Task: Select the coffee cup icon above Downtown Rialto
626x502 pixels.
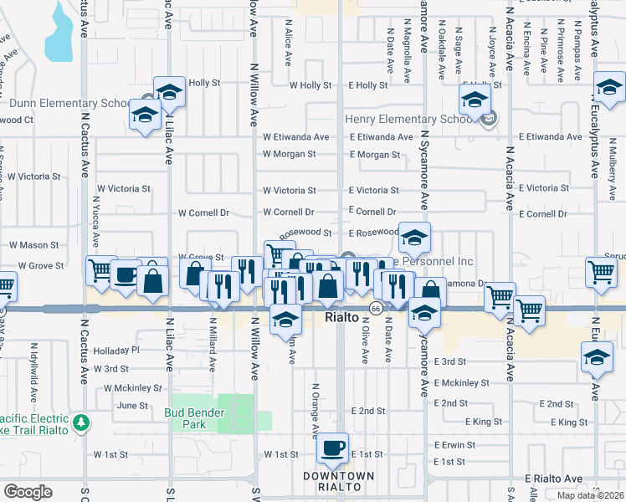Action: (x=333, y=449)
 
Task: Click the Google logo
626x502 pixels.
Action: (x=28, y=492)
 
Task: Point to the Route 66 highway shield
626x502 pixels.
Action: (x=377, y=309)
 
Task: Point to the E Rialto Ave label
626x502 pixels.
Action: (x=554, y=479)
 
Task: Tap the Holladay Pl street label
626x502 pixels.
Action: (x=116, y=350)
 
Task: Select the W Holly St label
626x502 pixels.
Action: (x=310, y=85)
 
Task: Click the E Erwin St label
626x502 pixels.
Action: (x=454, y=445)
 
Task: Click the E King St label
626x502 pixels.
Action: (x=485, y=423)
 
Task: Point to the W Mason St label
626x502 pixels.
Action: (x=33, y=246)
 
